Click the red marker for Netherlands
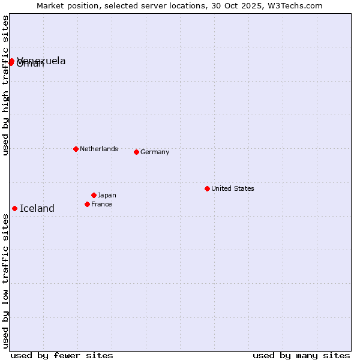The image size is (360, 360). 76,149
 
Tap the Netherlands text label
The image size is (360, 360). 98,149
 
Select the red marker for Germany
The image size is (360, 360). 136,152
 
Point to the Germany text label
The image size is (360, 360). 155,152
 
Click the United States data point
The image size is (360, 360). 207,188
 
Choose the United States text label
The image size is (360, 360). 233,188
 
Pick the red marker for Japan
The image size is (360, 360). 94,195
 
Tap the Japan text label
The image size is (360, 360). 107,195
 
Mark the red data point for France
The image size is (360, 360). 87,204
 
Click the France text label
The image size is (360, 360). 101,204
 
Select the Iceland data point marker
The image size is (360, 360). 14,208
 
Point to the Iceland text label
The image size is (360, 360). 37,209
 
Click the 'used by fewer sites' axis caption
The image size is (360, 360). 62,355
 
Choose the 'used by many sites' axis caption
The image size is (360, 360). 301,355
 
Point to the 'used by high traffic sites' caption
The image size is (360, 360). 6,86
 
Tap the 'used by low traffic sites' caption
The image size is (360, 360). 6,281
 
